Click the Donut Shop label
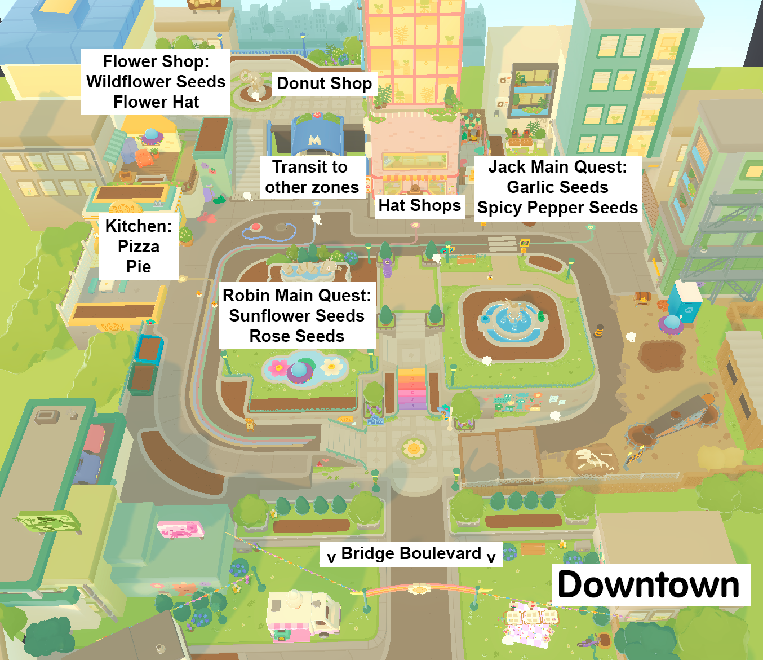(x=324, y=83)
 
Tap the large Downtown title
(x=649, y=584)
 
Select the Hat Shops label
(x=420, y=205)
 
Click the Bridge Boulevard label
(x=411, y=553)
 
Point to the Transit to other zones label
(x=312, y=177)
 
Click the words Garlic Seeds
(x=557, y=187)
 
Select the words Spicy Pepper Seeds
(x=557, y=208)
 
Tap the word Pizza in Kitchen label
(x=139, y=247)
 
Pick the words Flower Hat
(x=156, y=102)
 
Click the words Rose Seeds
(x=297, y=336)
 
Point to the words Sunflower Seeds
(x=297, y=316)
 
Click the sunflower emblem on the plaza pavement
(x=414, y=449)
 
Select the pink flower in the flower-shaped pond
(x=278, y=368)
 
